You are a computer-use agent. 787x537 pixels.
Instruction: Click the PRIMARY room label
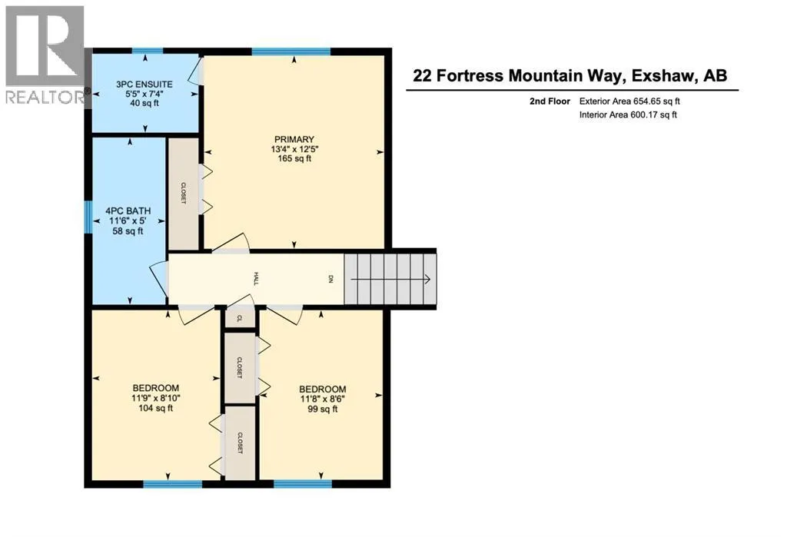tap(294, 139)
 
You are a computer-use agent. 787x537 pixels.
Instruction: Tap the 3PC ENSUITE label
tap(144, 85)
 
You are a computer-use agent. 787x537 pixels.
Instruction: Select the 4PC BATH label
tap(128, 211)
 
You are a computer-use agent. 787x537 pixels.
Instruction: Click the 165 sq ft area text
tap(294, 158)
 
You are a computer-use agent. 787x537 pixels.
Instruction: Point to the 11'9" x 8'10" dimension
tap(155, 398)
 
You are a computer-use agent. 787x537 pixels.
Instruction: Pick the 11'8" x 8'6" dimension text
tap(322, 399)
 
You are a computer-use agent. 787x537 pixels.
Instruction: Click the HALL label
tap(255, 279)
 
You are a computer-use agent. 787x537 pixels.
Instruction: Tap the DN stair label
tap(330, 279)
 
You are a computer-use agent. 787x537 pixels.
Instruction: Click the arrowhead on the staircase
tap(427, 280)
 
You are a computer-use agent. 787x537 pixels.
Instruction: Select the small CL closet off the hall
tap(240, 318)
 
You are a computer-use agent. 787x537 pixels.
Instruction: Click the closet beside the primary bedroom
tap(183, 194)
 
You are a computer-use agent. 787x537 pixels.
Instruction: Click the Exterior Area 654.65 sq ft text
tap(629, 101)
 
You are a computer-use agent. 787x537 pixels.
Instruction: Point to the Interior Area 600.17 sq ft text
tap(628, 115)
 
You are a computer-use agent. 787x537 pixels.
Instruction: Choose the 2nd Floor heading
tap(550, 101)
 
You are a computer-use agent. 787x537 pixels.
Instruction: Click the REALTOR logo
tap(45, 55)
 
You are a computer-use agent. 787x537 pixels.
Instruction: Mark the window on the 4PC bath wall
tap(88, 217)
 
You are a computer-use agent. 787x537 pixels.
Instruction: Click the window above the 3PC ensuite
tap(147, 51)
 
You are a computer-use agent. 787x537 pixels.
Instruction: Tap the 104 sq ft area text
tap(155, 409)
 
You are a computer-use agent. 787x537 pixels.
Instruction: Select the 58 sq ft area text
tap(128, 231)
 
